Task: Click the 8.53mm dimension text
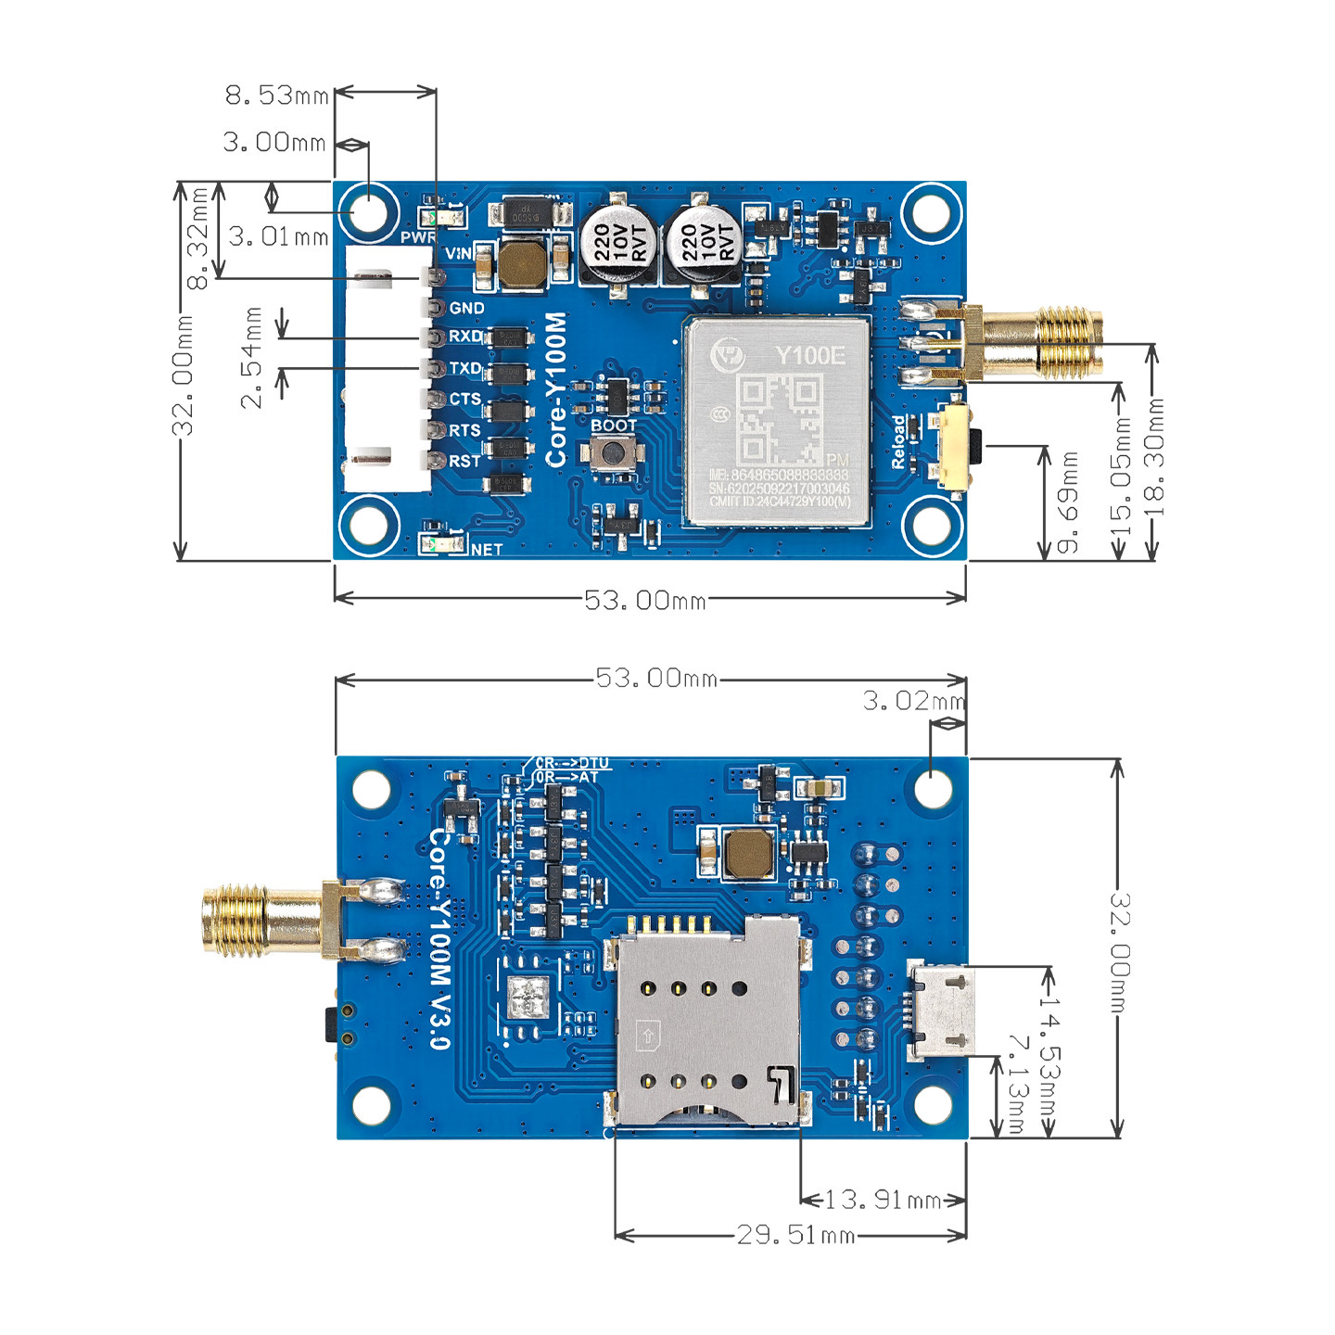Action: (276, 95)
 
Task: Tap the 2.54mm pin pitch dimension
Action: (252, 358)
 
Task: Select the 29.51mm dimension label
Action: (795, 1235)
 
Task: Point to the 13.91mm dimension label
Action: (883, 1200)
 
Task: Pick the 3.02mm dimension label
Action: (913, 701)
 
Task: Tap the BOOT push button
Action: (613, 453)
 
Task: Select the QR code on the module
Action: (779, 419)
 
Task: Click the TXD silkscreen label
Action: (465, 368)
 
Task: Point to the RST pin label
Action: (464, 461)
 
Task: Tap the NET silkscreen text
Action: (487, 550)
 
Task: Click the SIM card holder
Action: (706, 1020)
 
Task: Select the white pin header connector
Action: (388, 369)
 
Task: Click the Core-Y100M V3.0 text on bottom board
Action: (439, 936)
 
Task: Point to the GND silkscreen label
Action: (466, 308)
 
